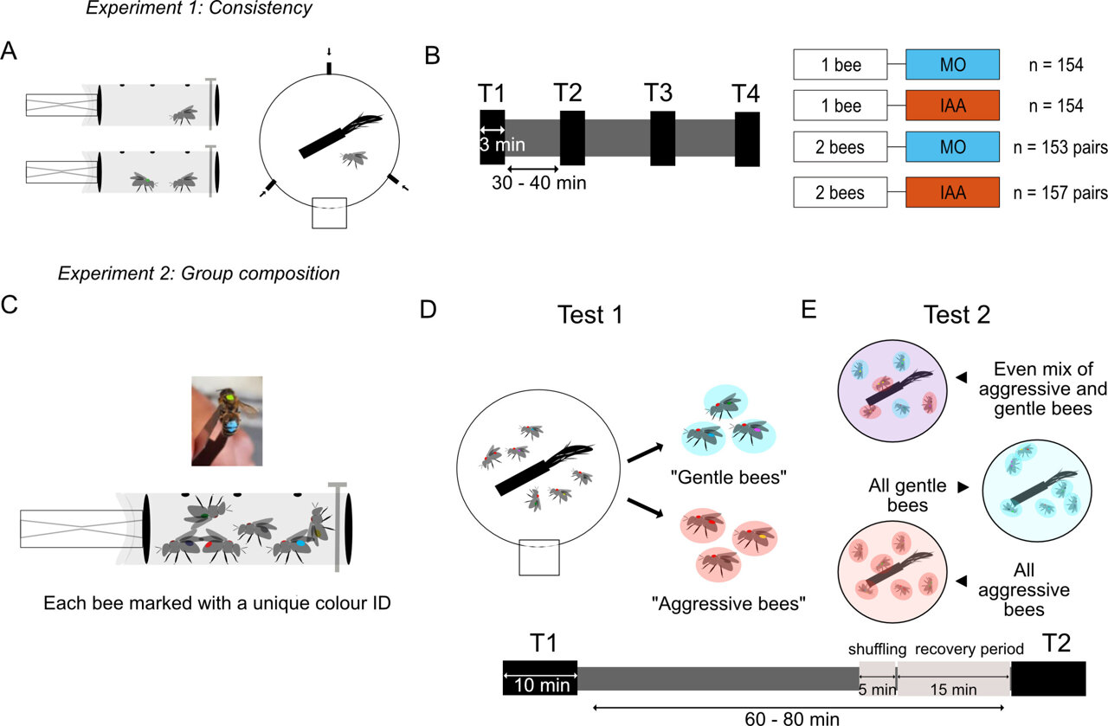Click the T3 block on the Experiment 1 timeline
(662, 137)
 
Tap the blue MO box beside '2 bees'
(952, 148)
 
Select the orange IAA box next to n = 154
(952, 106)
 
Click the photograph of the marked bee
(227, 421)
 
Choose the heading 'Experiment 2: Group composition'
(198, 274)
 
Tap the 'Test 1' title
(592, 314)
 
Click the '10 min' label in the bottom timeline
(539, 685)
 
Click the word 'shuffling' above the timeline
(876, 649)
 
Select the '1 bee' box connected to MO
(840, 64)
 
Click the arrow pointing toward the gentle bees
(642, 453)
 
